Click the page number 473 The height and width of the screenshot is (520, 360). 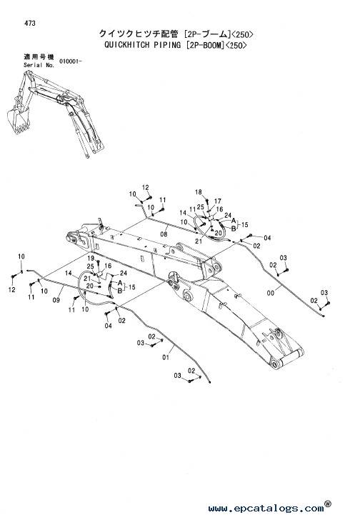coord(30,23)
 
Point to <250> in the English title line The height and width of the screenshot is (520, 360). coord(236,45)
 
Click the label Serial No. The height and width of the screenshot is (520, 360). coord(39,65)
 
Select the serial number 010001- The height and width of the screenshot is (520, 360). coord(70,61)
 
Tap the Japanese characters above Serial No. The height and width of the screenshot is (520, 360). coord(39,56)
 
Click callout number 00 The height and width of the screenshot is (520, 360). coord(271,293)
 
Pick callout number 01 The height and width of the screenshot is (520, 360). coord(166,357)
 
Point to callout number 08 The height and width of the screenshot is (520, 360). coord(164,234)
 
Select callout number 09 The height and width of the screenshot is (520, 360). coord(56,300)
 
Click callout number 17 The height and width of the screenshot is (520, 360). coord(217,201)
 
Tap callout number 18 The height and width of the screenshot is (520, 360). coord(199,192)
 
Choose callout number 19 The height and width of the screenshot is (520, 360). coord(91,258)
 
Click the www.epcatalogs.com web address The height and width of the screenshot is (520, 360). coord(266,508)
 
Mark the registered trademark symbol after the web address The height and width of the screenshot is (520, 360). coord(328,504)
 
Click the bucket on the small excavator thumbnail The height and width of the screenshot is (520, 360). coord(19,119)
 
